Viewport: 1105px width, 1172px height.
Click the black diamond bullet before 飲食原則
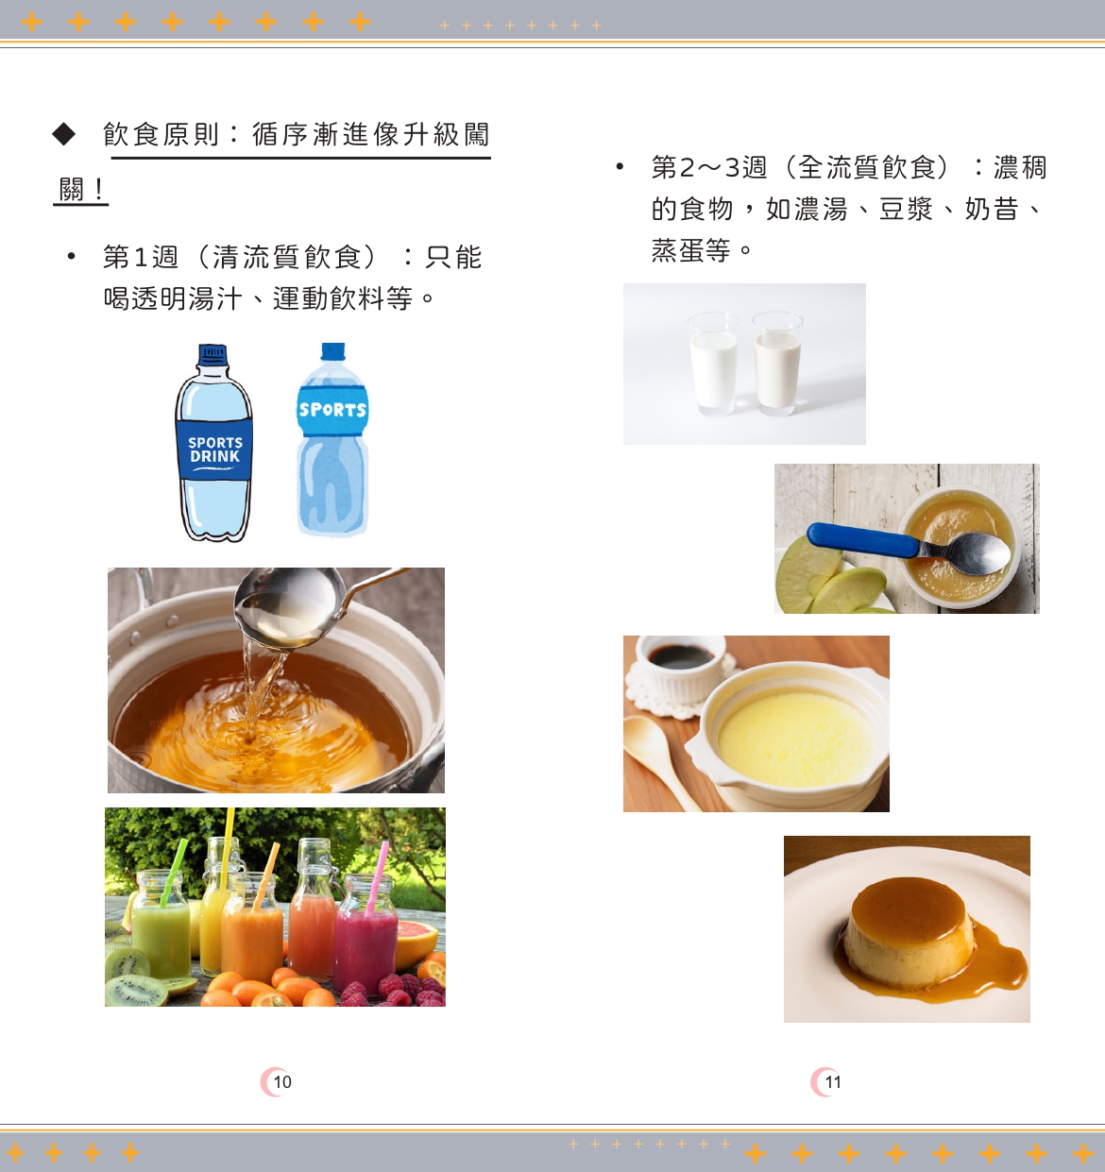click(x=63, y=134)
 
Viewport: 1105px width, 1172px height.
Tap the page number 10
click(x=281, y=1082)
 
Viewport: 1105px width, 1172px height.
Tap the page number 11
click(x=832, y=1082)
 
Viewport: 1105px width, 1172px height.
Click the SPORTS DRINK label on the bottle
click(x=214, y=450)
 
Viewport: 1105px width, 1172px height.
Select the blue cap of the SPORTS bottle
click(x=332, y=352)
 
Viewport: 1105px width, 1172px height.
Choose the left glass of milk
click(x=713, y=366)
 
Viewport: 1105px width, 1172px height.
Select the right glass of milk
click(x=777, y=366)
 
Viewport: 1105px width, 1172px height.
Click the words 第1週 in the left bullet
click(x=140, y=257)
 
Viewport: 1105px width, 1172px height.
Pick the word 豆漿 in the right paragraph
click(x=905, y=209)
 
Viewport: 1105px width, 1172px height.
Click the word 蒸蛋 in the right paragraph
click(x=677, y=250)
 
